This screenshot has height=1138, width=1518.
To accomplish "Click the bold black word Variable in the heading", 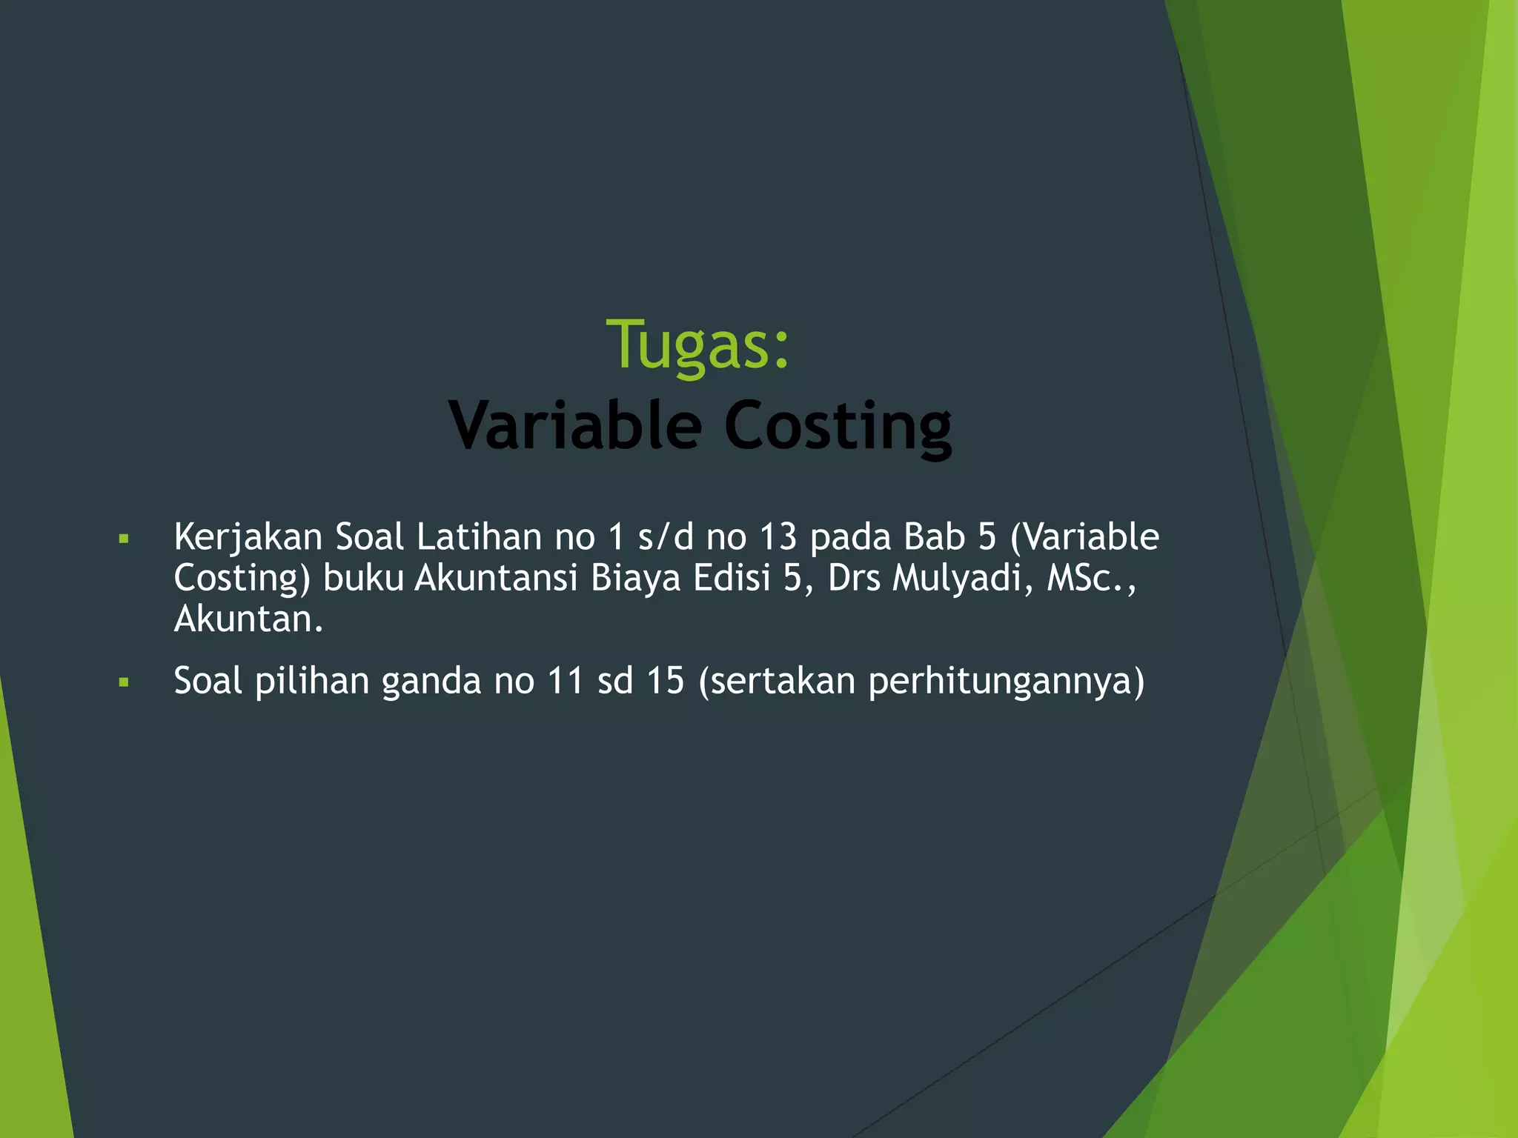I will (574, 426).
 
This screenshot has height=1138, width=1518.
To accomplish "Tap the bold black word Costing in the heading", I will (838, 427).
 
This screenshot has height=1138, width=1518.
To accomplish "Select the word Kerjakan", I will (248, 537).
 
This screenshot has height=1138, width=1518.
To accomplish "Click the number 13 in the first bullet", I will (778, 536).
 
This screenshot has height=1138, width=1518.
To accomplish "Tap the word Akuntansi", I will (495, 578).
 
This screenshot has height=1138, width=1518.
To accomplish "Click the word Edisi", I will (732, 578).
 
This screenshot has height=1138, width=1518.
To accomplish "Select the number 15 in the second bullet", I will (665, 681).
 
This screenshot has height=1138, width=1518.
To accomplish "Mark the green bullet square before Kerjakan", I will (124, 539).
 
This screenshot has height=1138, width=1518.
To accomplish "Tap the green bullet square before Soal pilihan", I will (124, 682).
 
